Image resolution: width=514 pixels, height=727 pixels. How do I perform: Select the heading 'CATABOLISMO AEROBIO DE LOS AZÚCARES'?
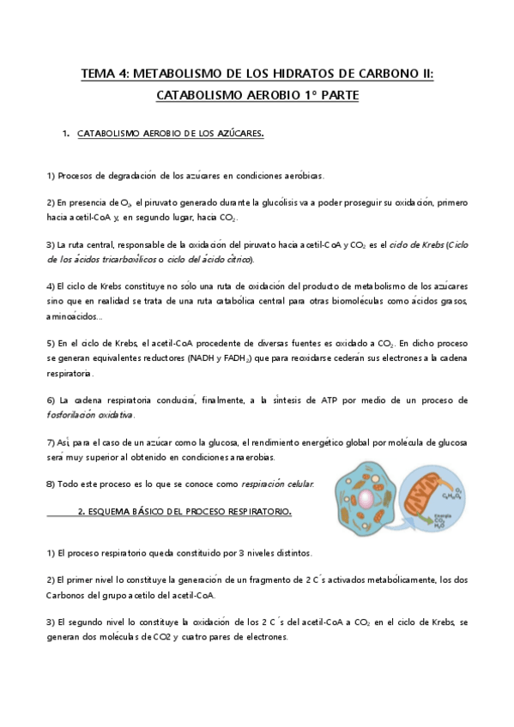coord(170,135)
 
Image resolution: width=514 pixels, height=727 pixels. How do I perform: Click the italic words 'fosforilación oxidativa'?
coord(90,415)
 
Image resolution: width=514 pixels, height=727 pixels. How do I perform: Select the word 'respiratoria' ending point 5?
coord(70,374)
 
